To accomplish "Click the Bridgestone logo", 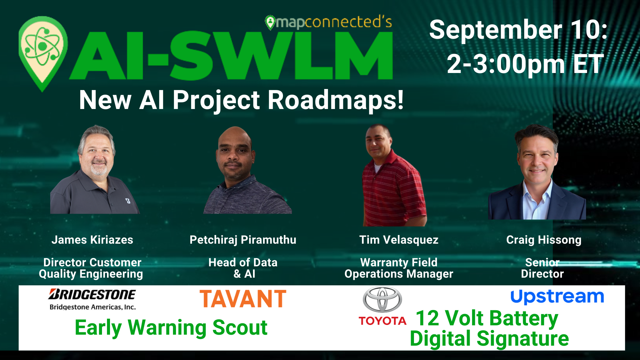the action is click(x=92, y=299).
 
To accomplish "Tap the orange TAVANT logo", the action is click(x=243, y=298).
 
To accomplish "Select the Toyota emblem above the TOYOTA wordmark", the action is click(x=382, y=300).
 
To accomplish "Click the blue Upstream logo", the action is click(x=557, y=297).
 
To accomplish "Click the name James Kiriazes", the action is click(x=92, y=240).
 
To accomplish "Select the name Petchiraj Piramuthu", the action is click(x=243, y=240).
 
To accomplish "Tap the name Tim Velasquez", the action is click(x=399, y=240).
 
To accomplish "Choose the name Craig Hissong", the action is click(x=544, y=240).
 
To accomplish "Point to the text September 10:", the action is click(x=518, y=30).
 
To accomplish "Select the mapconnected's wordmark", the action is click(x=329, y=22).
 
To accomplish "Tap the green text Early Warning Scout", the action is click(x=171, y=328).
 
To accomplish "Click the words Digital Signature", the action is click(x=489, y=338).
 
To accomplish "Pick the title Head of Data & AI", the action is click(x=243, y=268).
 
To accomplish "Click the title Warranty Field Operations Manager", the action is click(x=399, y=268).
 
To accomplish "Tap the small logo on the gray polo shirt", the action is click(x=128, y=201).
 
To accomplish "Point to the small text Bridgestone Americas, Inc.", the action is click(x=93, y=307).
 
